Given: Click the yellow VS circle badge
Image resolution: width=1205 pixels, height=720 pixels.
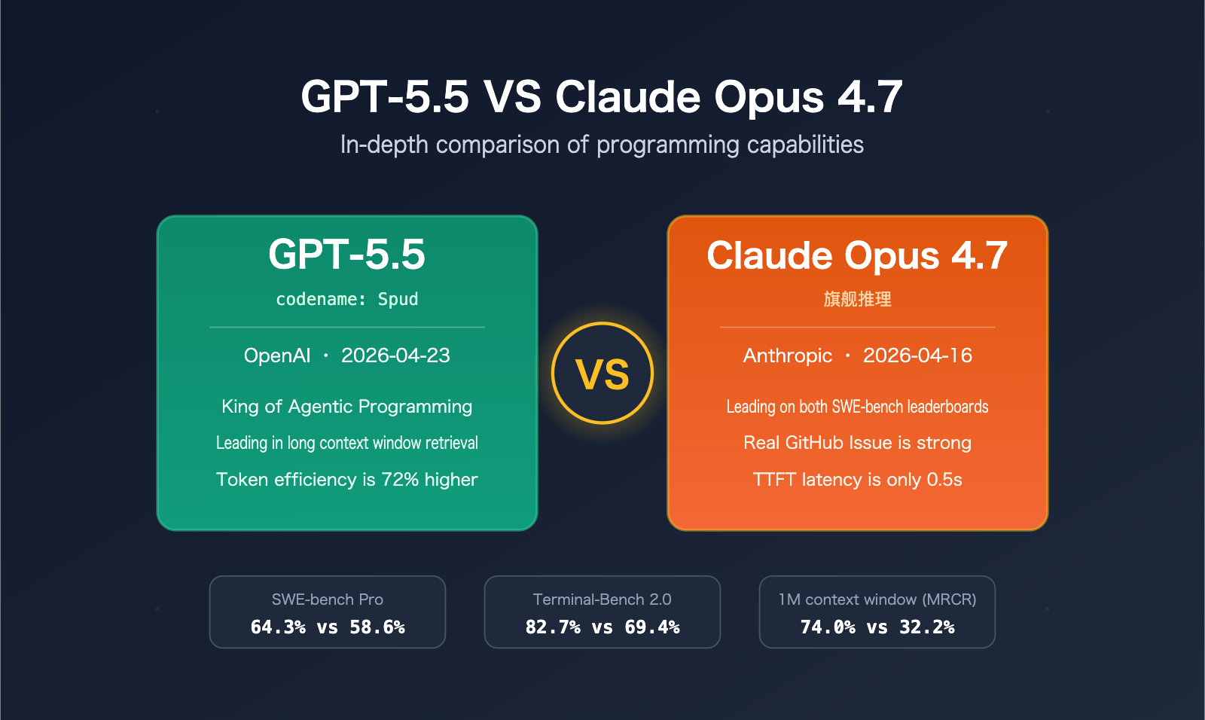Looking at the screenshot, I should (x=602, y=374).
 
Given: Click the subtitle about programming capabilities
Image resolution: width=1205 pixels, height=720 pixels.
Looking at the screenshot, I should (x=602, y=145).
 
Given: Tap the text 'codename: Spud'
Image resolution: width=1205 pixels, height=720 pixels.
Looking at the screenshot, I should (x=347, y=299).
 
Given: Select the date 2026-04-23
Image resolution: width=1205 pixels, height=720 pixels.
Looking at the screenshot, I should (x=395, y=355).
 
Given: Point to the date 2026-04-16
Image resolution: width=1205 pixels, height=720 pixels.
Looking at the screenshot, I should (x=917, y=355).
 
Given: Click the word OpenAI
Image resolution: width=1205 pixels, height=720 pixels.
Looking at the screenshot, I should (x=277, y=355).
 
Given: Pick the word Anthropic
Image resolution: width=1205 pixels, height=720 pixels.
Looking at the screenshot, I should (x=788, y=355).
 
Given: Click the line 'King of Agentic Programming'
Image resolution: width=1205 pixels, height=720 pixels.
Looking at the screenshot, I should (x=347, y=407).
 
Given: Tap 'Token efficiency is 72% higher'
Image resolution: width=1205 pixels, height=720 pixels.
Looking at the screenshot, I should (x=347, y=480).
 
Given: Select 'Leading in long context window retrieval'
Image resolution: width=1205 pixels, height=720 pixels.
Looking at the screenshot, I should (x=347, y=443).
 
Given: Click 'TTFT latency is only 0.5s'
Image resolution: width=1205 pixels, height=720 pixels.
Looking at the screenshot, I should (x=858, y=480).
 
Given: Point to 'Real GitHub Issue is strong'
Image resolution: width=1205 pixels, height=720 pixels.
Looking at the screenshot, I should (x=858, y=443).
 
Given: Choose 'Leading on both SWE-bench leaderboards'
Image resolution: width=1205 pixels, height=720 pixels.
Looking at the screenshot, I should (x=858, y=407).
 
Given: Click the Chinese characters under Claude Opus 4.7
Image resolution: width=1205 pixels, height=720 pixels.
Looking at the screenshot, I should (x=858, y=299).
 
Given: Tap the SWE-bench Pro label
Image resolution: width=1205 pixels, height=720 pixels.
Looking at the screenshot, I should (x=328, y=599).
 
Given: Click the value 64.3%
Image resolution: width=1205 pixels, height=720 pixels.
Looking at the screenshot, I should (x=278, y=627).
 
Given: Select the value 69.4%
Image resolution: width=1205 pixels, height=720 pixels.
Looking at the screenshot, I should (x=652, y=627).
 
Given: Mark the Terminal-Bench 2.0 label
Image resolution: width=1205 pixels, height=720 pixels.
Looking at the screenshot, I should (x=602, y=599).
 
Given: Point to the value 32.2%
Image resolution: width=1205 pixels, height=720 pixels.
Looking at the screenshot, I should (x=927, y=627).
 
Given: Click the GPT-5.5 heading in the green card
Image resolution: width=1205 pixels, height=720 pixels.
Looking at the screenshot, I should (x=347, y=255).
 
